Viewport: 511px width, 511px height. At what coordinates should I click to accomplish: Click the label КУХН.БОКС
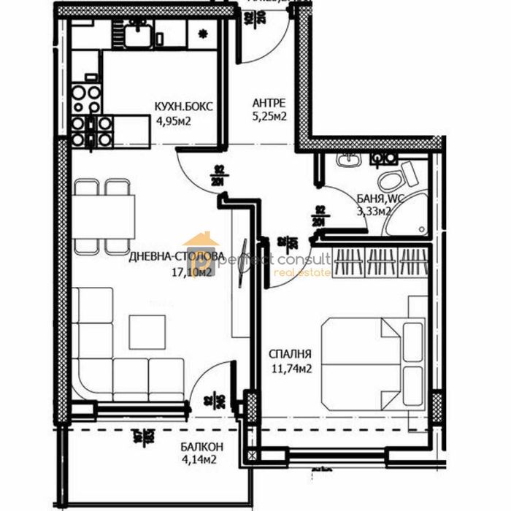(x=183, y=107)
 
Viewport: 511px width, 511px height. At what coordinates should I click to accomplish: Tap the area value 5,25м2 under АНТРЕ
(x=269, y=115)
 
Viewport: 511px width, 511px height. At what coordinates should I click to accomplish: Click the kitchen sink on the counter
(x=136, y=32)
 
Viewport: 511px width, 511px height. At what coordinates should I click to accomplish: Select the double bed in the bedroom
(x=372, y=361)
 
